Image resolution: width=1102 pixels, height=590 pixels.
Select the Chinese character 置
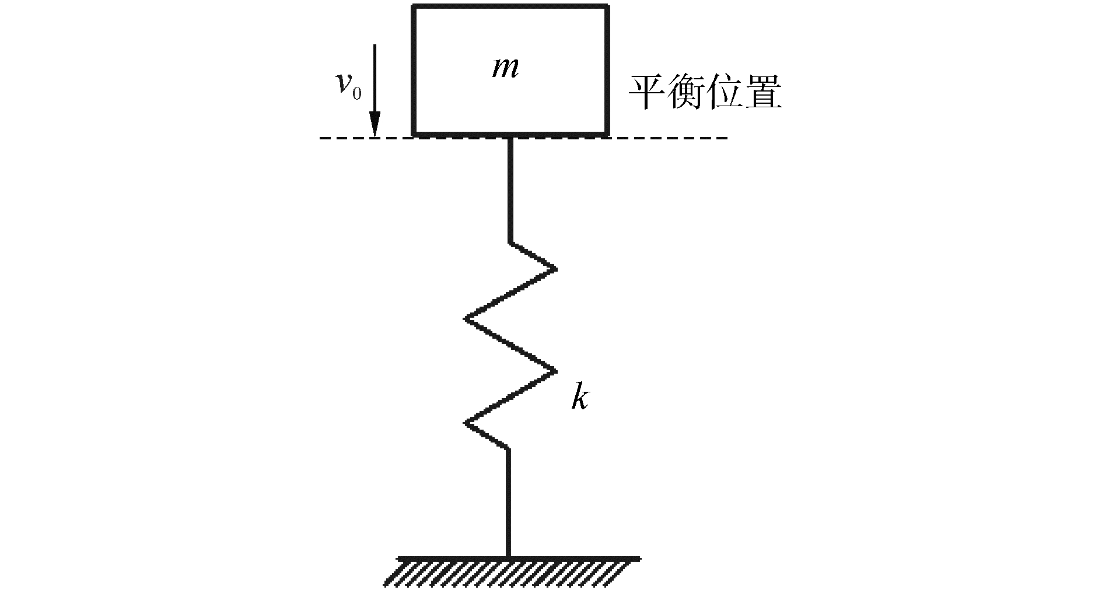tap(763, 93)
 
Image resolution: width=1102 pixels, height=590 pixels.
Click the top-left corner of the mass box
tap(414, 8)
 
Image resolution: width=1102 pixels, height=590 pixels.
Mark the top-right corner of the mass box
tap(608, 8)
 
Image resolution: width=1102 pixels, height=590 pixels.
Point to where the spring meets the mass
tap(510, 138)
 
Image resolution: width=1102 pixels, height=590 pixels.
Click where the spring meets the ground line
tap(508, 557)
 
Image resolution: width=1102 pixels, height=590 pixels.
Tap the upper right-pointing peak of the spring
tap(554, 269)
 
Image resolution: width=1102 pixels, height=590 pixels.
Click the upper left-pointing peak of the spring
tap(466, 319)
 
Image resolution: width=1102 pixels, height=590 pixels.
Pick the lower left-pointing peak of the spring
tap(466, 423)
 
